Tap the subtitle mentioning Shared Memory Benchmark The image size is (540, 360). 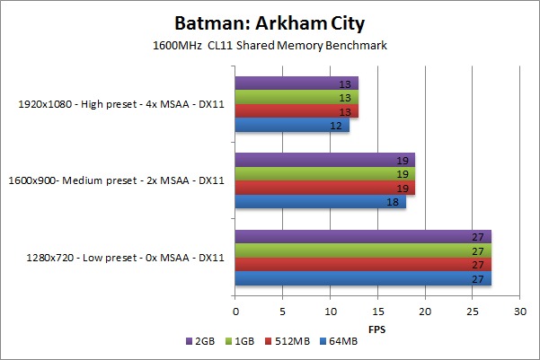tap(270, 45)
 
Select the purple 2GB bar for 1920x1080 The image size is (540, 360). tap(297, 83)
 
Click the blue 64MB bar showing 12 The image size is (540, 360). tap(292, 125)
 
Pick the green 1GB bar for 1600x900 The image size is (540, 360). tap(324, 174)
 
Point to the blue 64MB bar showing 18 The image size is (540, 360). tap(320, 202)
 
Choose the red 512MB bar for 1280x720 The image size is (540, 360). tap(363, 265)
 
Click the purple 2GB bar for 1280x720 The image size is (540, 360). tap(363, 237)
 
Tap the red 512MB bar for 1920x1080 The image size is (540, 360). tap(297, 111)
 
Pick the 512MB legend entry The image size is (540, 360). tap(288, 342)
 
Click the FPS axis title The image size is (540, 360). tap(377, 328)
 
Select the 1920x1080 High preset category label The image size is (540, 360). tap(120, 104)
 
